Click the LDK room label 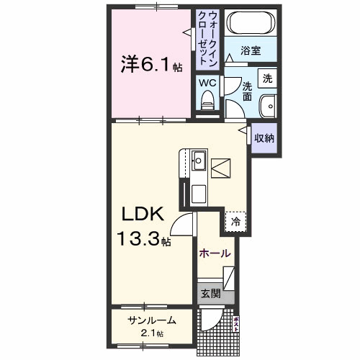143,214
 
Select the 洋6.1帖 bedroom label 150,66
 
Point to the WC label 207,83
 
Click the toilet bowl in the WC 208,102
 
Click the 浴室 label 250,52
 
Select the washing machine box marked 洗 268,78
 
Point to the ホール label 215,253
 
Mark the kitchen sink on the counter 199,161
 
